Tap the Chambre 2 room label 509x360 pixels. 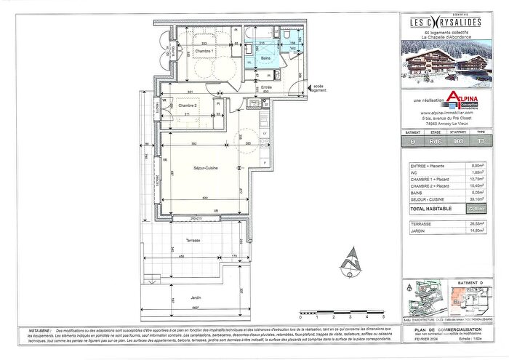[188, 105]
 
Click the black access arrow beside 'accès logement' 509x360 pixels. [306, 89]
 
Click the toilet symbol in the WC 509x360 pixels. [289, 36]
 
